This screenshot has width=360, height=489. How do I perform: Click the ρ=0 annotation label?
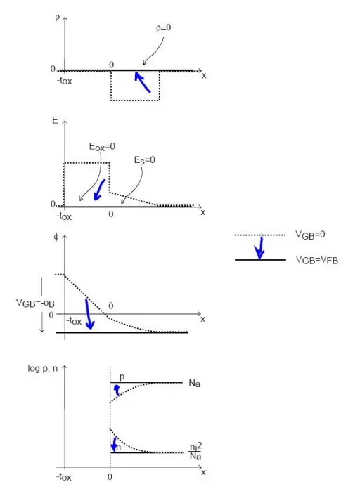click(164, 28)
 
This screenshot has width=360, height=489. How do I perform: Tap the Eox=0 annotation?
click(102, 147)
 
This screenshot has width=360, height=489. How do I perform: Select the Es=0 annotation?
click(145, 160)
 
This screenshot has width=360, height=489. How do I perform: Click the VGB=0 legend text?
click(310, 235)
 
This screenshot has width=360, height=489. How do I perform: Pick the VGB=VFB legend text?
click(317, 260)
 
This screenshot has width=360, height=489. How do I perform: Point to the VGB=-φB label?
click(35, 303)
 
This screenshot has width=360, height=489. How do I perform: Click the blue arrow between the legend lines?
click(259, 248)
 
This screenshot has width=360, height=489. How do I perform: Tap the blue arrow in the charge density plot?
click(142, 81)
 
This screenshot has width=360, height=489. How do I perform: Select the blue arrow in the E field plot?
click(99, 190)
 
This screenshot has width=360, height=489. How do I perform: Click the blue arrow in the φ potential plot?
click(89, 314)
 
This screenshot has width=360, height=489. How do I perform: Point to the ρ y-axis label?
click(57, 18)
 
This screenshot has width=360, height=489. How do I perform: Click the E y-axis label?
click(55, 120)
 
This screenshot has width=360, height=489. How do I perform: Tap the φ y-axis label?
click(56, 237)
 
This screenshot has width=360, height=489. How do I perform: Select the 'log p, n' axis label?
click(43, 369)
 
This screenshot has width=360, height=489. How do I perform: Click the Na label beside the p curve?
click(194, 384)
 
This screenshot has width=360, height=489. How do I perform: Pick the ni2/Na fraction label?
click(195, 451)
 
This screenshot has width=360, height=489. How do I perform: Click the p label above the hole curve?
click(122, 377)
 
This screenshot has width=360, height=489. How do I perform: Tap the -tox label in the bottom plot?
click(64, 477)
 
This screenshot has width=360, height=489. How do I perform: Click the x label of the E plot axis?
click(203, 212)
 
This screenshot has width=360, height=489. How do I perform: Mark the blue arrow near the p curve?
click(117, 390)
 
